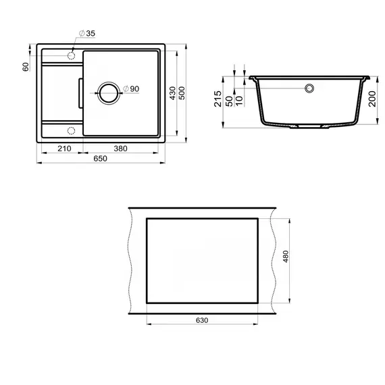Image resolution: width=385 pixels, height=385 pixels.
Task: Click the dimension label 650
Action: (x=101, y=159)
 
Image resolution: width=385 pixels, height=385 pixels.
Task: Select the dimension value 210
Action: (x=65, y=148)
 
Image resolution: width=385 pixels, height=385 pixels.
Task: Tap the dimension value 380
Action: (x=122, y=148)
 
